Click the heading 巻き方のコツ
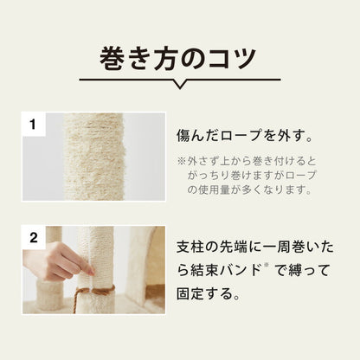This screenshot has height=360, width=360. (x=179, y=58)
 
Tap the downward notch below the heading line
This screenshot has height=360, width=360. (x=179, y=85)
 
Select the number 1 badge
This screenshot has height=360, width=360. (x=33, y=125)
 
